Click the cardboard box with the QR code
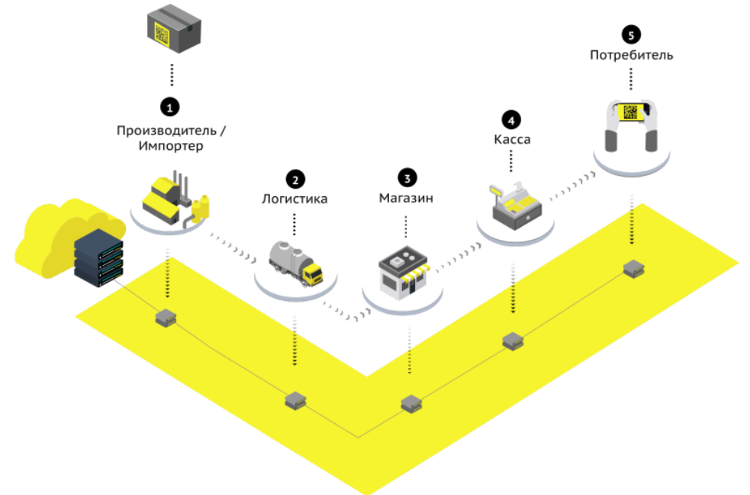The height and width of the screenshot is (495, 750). (x=174, y=28)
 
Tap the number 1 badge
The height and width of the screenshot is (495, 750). (x=170, y=107)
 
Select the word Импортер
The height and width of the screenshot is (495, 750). (x=171, y=146)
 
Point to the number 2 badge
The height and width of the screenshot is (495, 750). (x=295, y=180)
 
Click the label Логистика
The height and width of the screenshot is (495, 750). (x=295, y=199)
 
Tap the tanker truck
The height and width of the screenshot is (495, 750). (x=295, y=264)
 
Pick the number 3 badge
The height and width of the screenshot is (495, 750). (x=407, y=178)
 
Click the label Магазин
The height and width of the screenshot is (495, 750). (x=406, y=198)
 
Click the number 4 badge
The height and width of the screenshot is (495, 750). (x=511, y=120)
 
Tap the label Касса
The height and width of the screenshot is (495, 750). (x=512, y=139)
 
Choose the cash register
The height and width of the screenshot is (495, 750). (x=515, y=205)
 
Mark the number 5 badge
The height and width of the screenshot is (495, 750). (x=631, y=35)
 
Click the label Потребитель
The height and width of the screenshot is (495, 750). (x=632, y=55)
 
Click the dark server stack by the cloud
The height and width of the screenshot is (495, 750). (x=99, y=257)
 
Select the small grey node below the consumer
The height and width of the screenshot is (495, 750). (x=634, y=269)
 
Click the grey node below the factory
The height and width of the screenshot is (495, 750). (x=166, y=318)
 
